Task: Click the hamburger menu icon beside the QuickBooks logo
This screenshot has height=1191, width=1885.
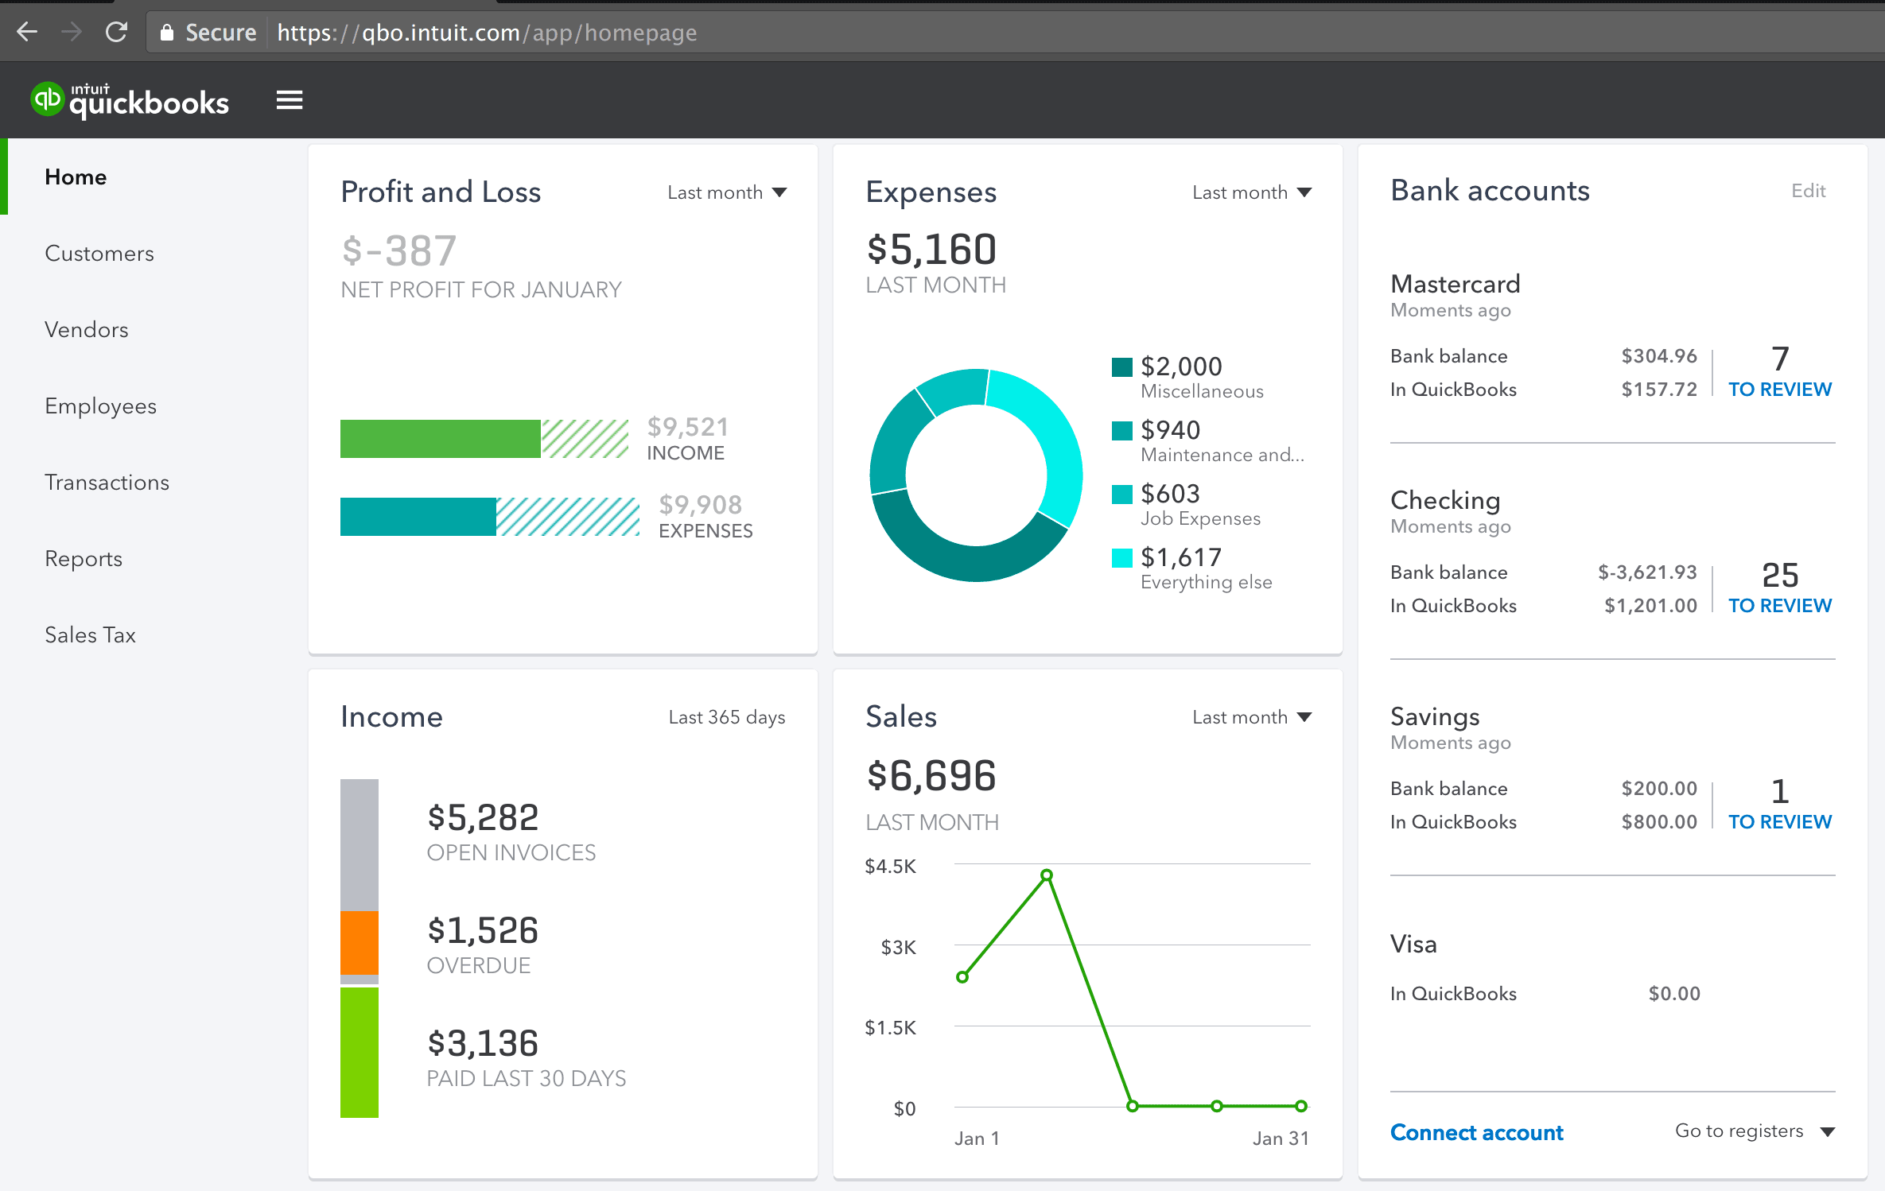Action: (x=290, y=101)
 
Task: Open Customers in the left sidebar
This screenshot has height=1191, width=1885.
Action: (x=99, y=254)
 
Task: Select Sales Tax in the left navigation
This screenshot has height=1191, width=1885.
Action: (x=90, y=635)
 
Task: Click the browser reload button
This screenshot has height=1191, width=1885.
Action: (x=117, y=33)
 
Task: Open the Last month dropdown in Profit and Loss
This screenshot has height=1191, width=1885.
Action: (x=727, y=192)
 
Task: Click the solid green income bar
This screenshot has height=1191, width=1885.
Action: (x=440, y=439)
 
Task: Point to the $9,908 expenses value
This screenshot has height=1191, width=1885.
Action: (x=700, y=505)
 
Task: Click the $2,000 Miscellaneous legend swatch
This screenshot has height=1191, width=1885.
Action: (x=1121, y=367)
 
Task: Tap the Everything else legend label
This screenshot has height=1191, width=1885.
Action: (x=1206, y=582)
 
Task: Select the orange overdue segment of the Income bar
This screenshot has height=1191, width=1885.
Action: (x=360, y=942)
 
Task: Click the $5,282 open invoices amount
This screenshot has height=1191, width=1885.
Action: (x=483, y=817)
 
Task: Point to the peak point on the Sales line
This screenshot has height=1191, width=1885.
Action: (x=1047, y=875)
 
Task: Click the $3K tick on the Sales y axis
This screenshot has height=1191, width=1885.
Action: (x=898, y=948)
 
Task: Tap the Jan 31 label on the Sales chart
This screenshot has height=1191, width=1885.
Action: (x=1281, y=1139)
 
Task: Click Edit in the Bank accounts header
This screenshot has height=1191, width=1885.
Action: (x=1808, y=191)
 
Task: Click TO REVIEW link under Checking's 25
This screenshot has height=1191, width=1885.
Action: (x=1779, y=606)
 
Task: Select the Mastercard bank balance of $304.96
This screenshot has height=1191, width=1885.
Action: (x=1659, y=356)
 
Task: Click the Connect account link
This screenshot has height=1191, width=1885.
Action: (x=1476, y=1132)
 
